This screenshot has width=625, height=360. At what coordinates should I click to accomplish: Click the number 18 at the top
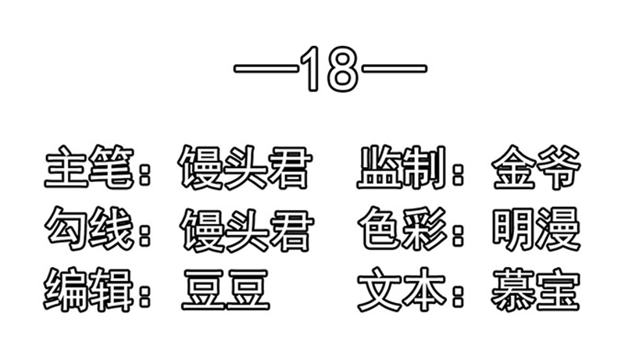coord(330,69)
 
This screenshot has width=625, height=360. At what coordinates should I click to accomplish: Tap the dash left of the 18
coord(266,68)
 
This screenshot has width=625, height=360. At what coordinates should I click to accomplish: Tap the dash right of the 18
coord(394,68)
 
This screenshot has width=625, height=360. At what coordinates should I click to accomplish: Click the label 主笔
coord(88,167)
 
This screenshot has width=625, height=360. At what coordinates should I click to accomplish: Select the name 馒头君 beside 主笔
coord(245,167)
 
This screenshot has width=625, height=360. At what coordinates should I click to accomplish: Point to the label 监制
coord(401,167)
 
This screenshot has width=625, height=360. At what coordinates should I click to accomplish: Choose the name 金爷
coord(536,167)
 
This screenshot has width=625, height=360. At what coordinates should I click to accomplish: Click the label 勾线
coord(88,228)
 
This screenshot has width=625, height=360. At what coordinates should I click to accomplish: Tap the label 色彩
coord(402,228)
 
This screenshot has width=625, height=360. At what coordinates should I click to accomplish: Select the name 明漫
coord(536,229)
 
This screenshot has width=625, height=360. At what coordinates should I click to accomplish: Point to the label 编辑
coord(88,290)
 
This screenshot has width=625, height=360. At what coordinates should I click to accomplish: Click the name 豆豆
coord(226,290)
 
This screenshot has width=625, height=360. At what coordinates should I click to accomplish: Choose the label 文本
coord(402,290)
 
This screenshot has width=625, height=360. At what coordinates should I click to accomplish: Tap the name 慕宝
coord(535,290)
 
